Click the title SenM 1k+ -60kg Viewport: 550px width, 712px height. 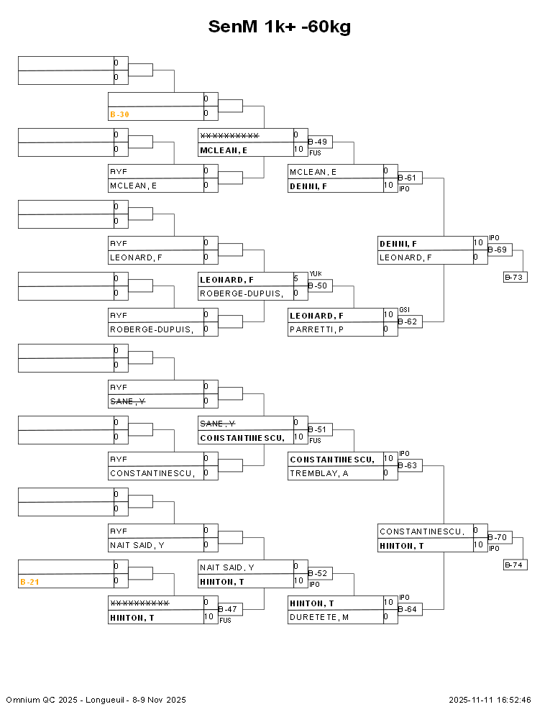tap(280, 27)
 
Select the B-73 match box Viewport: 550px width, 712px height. tap(515, 277)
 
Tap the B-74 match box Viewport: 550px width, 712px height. tap(515, 565)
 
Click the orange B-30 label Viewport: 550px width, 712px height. tap(119, 114)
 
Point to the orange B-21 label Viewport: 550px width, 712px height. tap(29, 581)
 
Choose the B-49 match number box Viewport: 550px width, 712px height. tap(319, 142)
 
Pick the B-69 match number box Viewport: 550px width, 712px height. tap(498, 250)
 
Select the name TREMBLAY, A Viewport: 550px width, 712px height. tap(319, 473)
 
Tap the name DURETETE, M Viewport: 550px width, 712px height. tap(319, 617)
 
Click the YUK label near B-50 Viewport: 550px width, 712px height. tap(315, 274)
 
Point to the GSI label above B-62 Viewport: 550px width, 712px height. tap(404, 310)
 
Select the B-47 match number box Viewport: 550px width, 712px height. tap(229, 609)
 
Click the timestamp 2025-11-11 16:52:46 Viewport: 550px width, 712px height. tap(490, 700)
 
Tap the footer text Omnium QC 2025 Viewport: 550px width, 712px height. tap(36, 700)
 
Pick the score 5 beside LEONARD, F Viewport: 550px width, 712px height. tap(295, 278)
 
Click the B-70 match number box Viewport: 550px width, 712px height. tap(498, 537)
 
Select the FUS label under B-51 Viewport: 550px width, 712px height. tap(315, 440)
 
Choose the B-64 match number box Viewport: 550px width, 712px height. tap(409, 609)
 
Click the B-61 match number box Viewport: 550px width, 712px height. tap(409, 178)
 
